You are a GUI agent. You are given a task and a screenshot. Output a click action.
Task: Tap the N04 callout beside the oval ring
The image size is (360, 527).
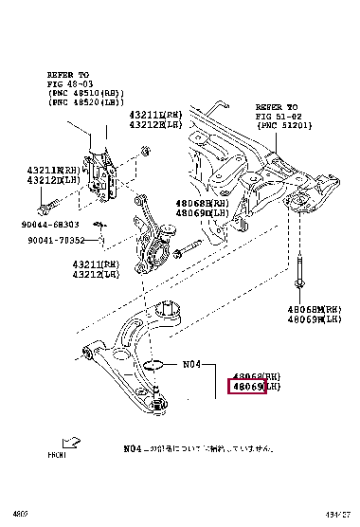pos(192,362)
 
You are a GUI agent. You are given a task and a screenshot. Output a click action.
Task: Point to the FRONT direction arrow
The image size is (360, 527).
pos(70,443)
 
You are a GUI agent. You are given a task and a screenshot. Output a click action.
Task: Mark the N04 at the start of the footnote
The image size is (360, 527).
pos(132,447)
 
